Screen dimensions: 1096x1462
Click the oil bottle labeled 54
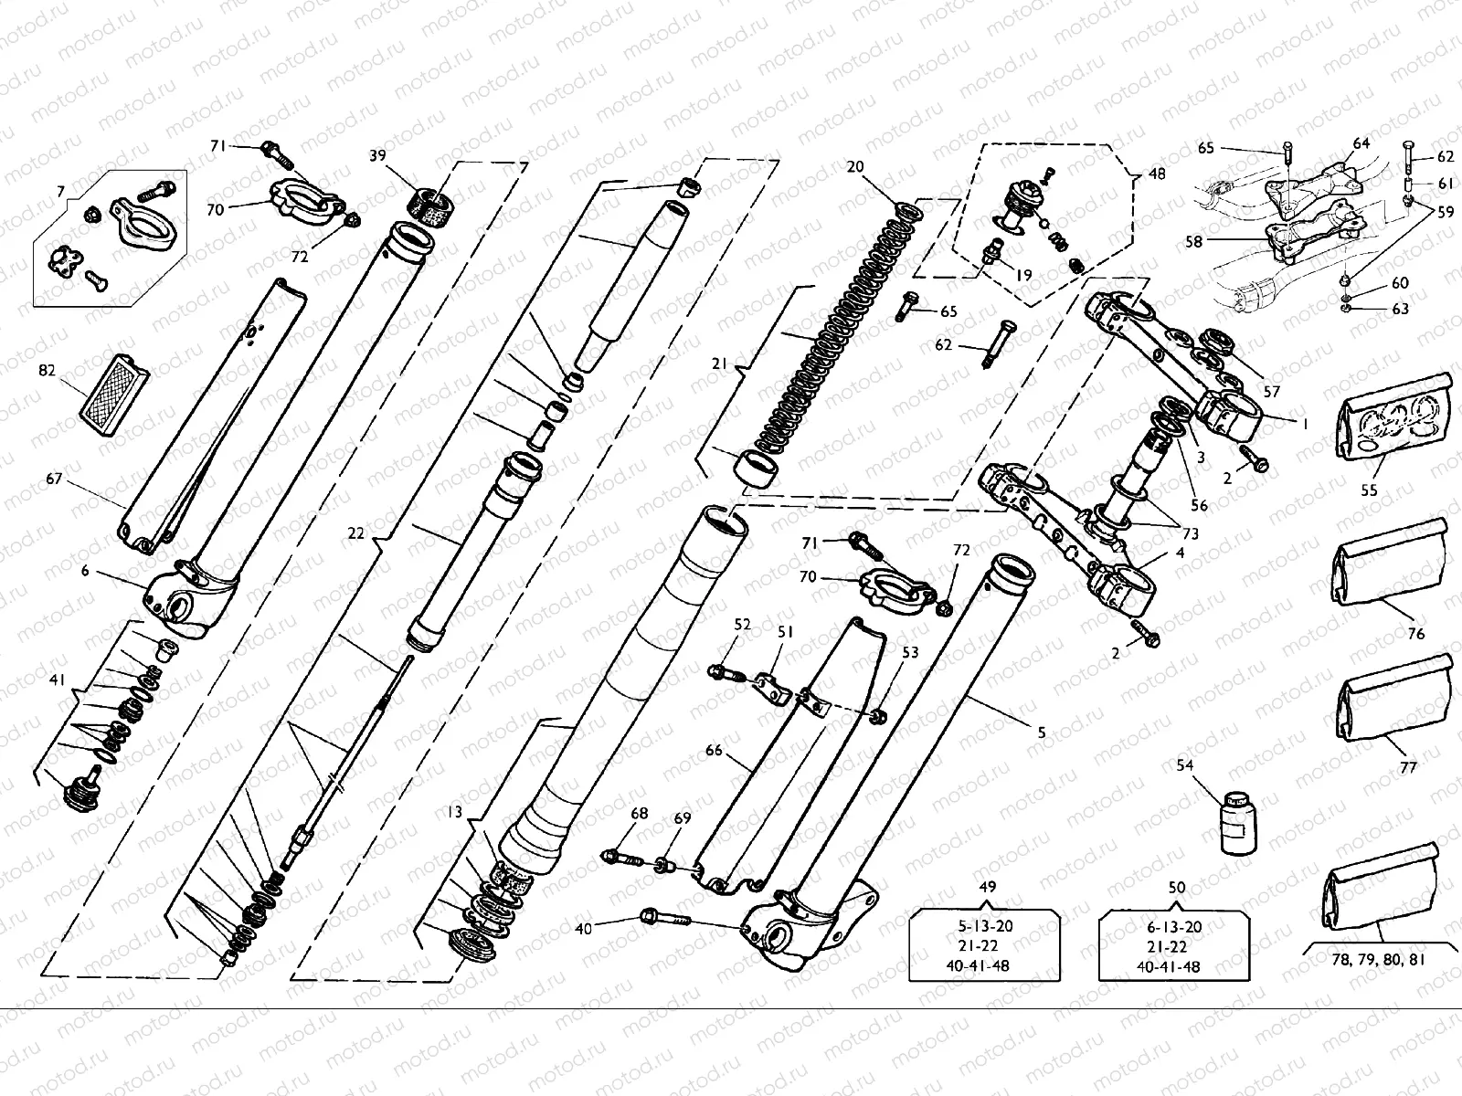point(1238,823)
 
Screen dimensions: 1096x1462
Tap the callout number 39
point(377,155)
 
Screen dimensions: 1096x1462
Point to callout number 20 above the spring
point(855,166)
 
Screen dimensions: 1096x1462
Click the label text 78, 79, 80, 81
point(1377,960)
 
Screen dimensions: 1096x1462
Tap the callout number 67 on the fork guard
point(54,478)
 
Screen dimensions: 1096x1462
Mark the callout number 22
point(357,532)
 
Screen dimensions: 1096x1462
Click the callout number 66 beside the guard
point(714,751)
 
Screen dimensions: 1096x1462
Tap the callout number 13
point(454,811)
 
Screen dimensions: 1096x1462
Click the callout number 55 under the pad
point(1369,490)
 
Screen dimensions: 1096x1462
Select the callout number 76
point(1415,633)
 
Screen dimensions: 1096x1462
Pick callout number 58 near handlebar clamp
point(1193,242)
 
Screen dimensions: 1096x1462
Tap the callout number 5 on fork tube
point(1042,732)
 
